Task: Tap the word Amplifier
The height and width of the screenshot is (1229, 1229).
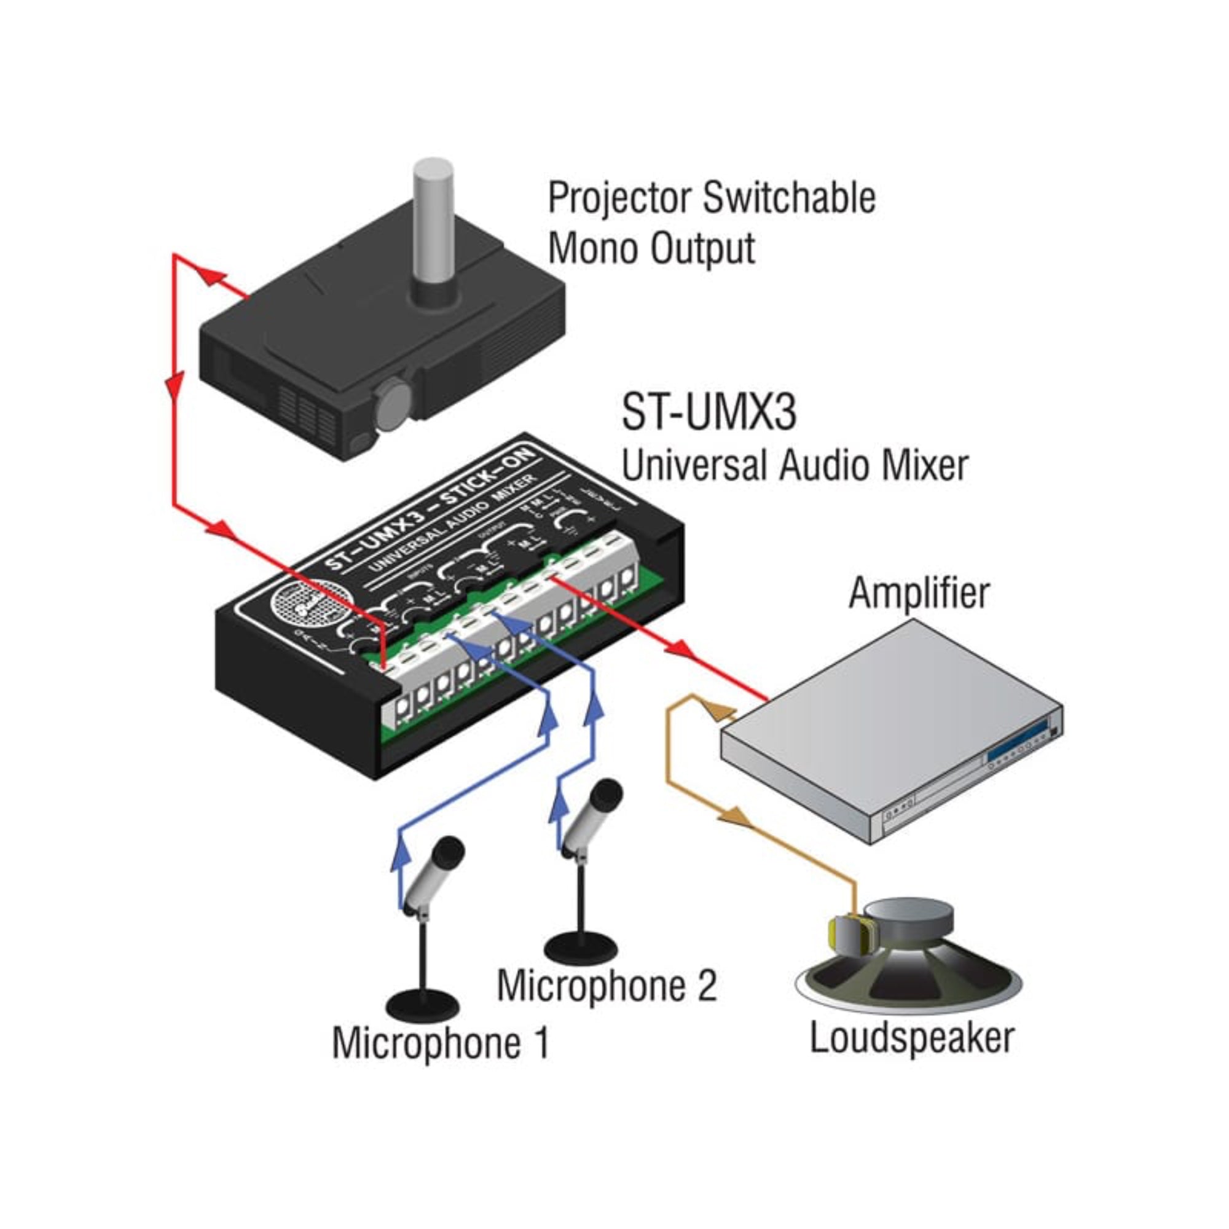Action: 919,593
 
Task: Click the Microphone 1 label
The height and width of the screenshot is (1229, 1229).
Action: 439,1061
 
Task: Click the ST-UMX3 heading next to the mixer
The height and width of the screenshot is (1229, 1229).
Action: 708,412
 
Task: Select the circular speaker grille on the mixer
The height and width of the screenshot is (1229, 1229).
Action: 310,604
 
